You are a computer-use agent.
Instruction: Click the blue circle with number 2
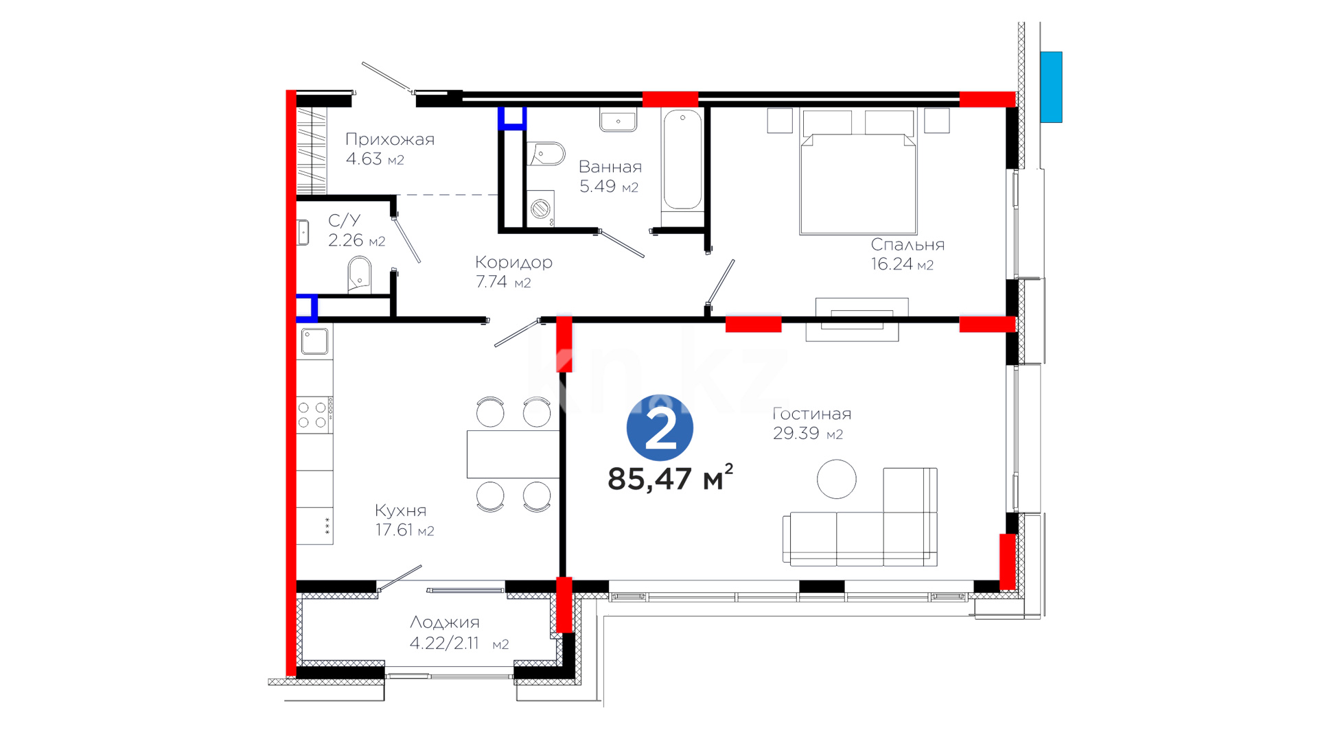pyautogui.click(x=660, y=427)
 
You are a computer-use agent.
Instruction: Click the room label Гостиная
pyautogui.click(x=811, y=414)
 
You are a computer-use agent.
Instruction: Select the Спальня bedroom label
pyautogui.click(x=907, y=244)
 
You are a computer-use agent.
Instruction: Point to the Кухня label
pyautogui.click(x=400, y=510)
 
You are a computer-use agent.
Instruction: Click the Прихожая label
pyautogui.click(x=390, y=139)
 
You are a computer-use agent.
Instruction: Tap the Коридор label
pyautogui.click(x=513, y=262)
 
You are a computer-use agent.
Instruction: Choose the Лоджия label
pyautogui.click(x=445, y=622)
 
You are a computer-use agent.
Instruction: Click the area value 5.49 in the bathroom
pyautogui.click(x=597, y=187)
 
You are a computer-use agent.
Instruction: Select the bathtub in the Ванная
pyautogui.click(x=682, y=159)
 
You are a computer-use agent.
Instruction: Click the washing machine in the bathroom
pyautogui.click(x=541, y=208)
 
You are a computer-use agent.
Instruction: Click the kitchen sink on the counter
pyautogui.click(x=315, y=341)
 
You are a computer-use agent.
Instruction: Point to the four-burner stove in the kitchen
pyautogui.click(x=314, y=415)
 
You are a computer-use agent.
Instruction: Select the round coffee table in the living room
pyautogui.click(x=836, y=479)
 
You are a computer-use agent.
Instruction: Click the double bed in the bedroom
pyautogui.click(x=858, y=172)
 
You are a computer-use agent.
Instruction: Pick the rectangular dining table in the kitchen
pyautogui.click(x=513, y=454)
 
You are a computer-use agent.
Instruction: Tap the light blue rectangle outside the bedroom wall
pyautogui.click(x=1051, y=87)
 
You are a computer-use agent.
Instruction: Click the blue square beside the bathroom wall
pyautogui.click(x=512, y=118)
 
